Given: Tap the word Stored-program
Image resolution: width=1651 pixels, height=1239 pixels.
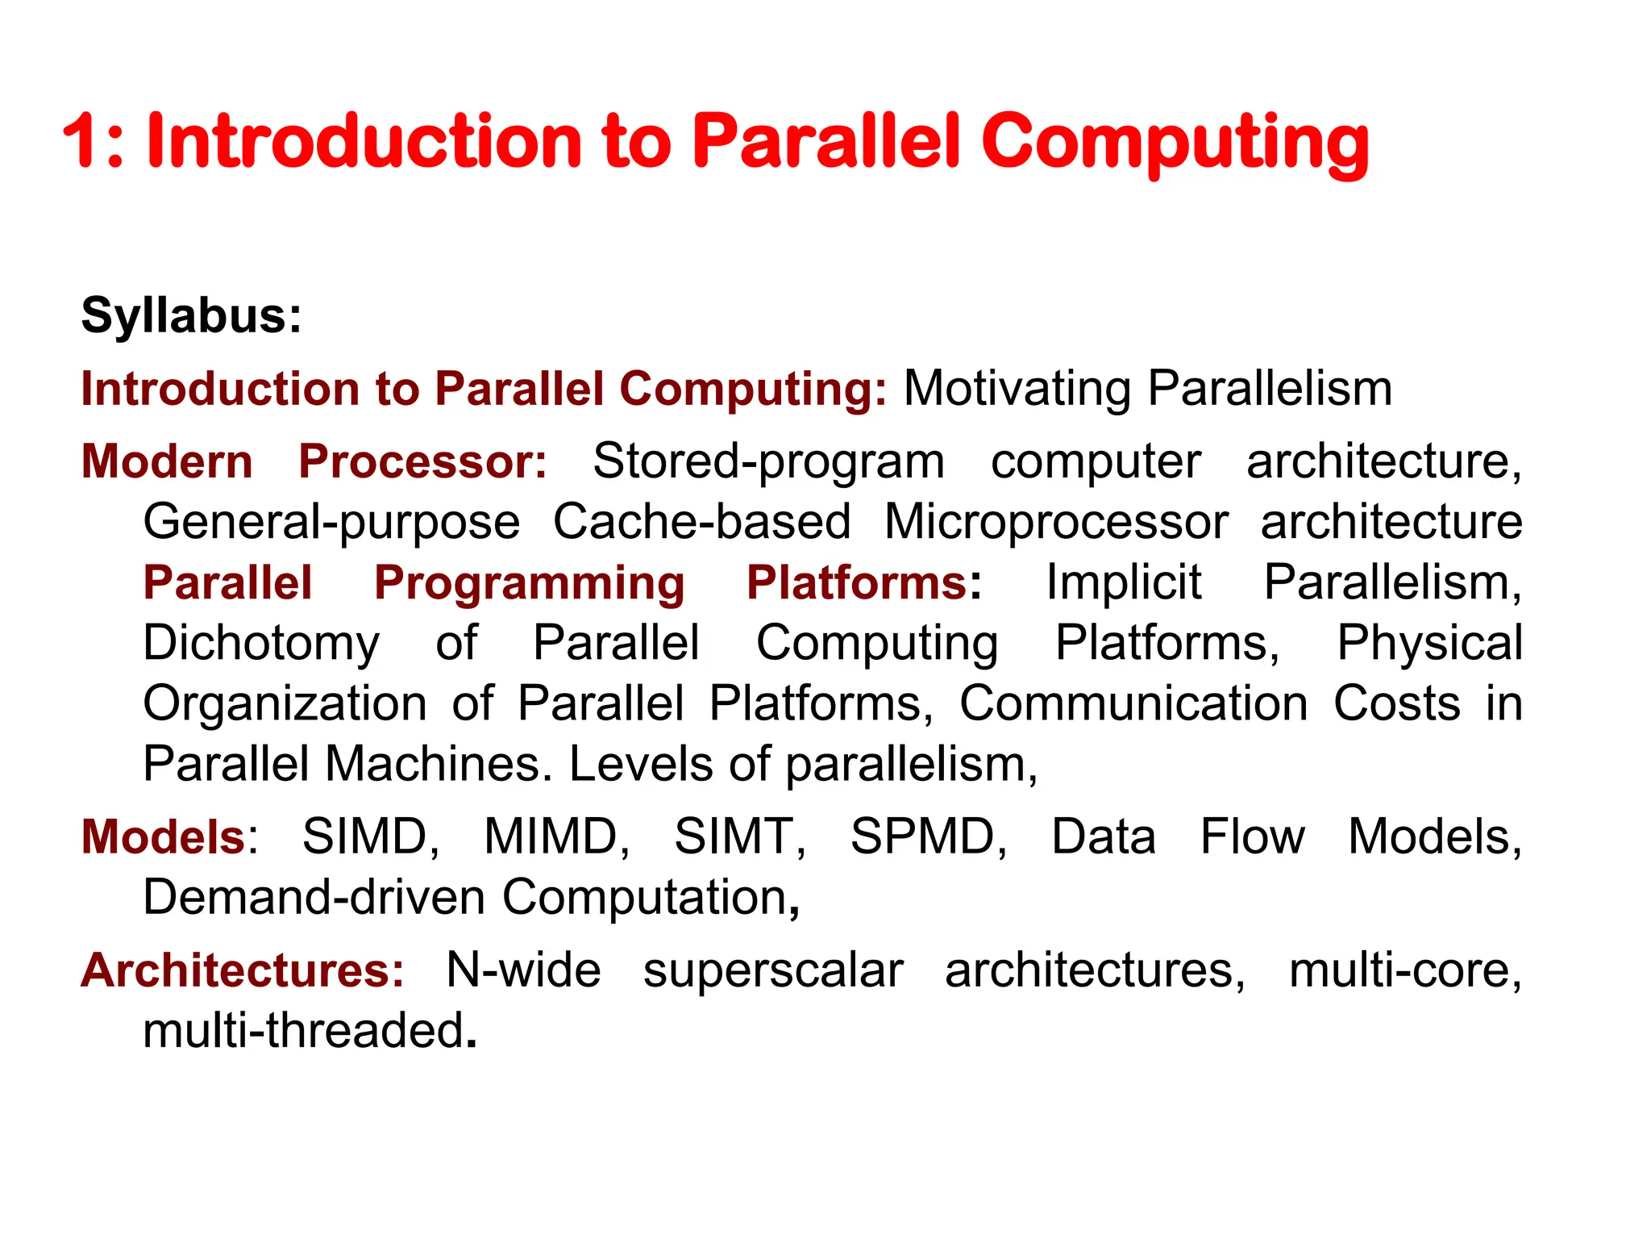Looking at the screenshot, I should pos(768,462).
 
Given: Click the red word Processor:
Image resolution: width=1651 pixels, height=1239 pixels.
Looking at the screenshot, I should pos(423,462).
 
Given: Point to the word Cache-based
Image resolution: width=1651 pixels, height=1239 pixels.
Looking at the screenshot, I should pos(701,522).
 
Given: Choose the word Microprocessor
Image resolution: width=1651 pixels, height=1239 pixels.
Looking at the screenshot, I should pos(1056,522).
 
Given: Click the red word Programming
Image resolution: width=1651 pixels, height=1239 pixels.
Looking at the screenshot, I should pos(530,582).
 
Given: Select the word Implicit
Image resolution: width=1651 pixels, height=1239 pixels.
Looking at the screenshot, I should pos(1124,582).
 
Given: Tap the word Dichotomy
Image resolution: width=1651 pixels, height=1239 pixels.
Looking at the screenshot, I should pos(261,644).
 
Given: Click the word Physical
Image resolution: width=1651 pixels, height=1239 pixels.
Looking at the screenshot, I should pos(1429,644).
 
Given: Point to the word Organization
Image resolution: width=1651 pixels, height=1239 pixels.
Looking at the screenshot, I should pos(285,703).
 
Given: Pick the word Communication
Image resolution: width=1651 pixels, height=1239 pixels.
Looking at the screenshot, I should pos(1133,703).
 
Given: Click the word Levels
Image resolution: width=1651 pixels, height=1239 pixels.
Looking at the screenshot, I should pos(641,764).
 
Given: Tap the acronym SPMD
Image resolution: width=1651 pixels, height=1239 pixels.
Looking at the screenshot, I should pos(928,836).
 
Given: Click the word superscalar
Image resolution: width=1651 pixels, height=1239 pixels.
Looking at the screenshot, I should pos(772,970).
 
